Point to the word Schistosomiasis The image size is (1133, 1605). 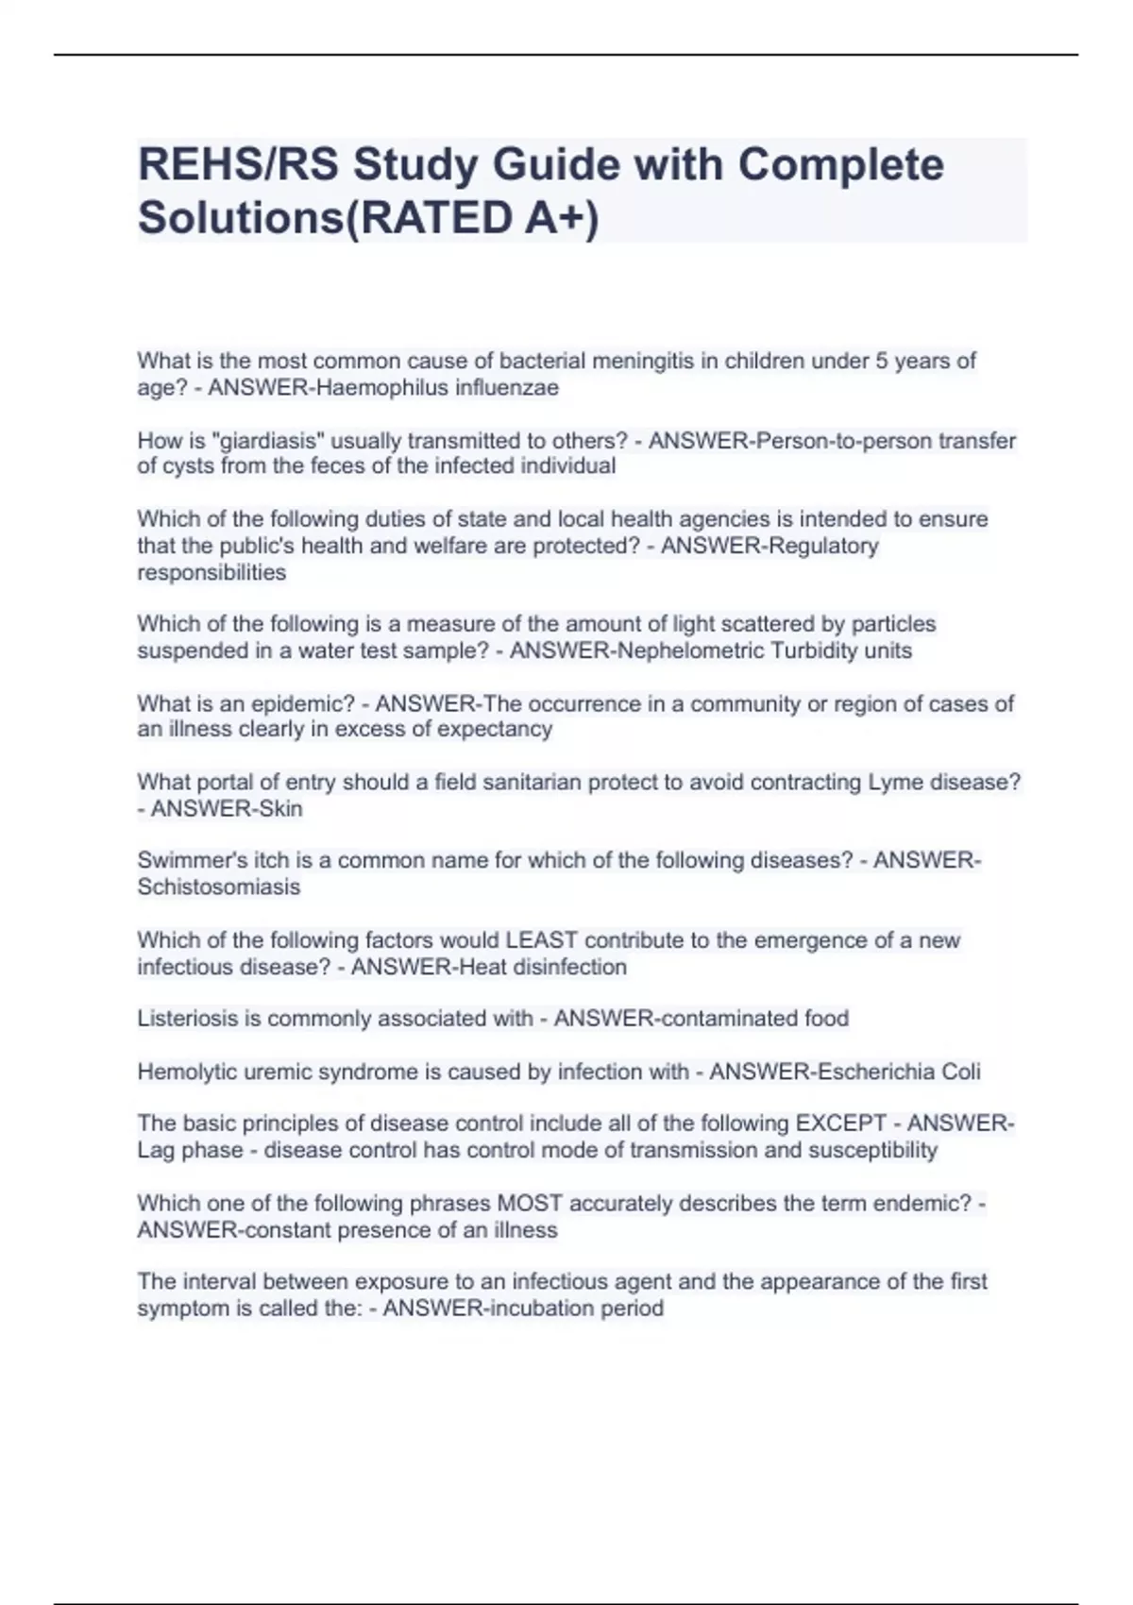click(218, 887)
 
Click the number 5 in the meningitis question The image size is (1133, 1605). click(883, 362)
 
